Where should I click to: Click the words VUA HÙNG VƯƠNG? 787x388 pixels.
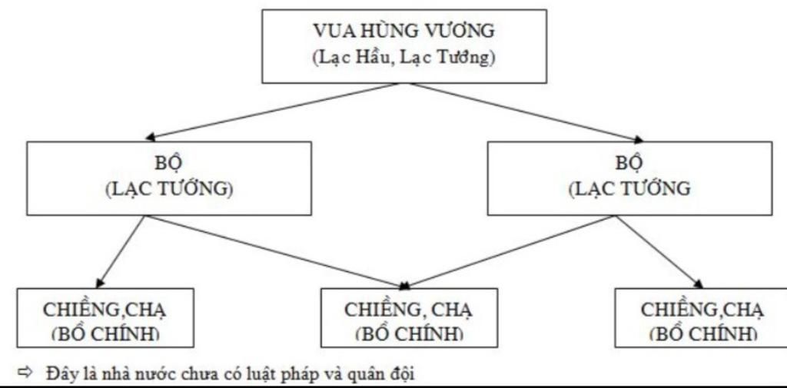click(404, 32)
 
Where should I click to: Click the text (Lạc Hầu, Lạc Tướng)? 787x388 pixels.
click(404, 58)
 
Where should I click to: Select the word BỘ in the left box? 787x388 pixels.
click(168, 163)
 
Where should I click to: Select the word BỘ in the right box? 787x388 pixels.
click(629, 163)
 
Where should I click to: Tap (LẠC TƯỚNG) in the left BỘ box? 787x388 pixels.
click(169, 189)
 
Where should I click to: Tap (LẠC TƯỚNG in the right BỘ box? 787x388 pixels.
click(629, 189)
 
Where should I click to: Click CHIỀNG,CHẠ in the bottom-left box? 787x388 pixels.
click(104, 310)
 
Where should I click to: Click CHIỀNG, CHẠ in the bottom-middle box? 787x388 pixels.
click(409, 310)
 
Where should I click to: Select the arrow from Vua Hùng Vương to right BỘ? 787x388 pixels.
click(530, 113)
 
